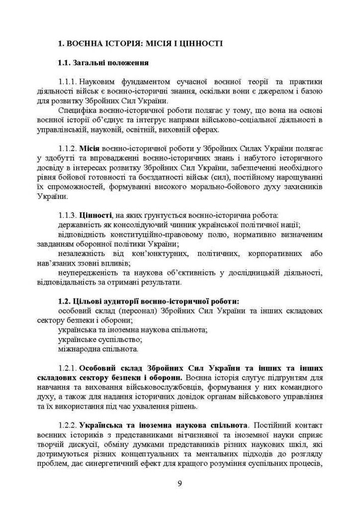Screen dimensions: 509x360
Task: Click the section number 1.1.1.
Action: click(x=67, y=82)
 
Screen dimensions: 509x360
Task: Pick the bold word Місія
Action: click(x=91, y=148)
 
